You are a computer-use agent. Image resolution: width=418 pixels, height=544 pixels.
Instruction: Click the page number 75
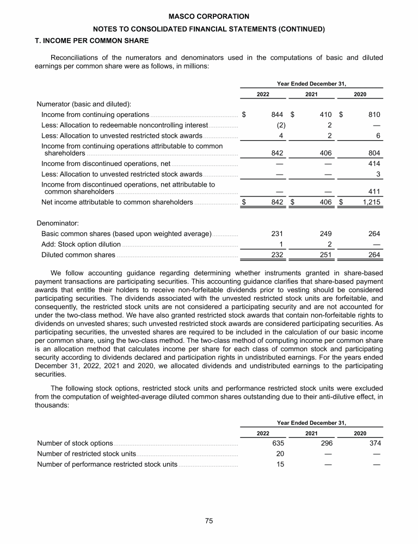pyautogui.click(x=208, y=521)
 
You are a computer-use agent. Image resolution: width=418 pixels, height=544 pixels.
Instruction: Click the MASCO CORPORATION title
pyautogui.click(x=208, y=17)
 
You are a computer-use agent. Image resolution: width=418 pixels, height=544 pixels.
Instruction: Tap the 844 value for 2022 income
pyautogui.click(x=277, y=115)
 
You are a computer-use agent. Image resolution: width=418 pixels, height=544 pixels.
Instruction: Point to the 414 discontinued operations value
pyautogui.click(x=373, y=164)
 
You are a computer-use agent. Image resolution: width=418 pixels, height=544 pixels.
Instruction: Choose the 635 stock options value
pyautogui.click(x=277, y=443)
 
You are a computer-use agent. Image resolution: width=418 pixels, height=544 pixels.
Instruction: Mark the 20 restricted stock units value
pyautogui.click(x=280, y=454)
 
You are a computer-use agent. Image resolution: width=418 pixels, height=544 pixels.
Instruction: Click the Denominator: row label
pyautogui.click(x=58, y=223)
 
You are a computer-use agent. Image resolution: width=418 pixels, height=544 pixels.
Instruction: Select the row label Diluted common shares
pyautogui.click(x=78, y=255)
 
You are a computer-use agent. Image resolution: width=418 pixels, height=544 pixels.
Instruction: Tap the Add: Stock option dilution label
pyautogui.click(x=81, y=244)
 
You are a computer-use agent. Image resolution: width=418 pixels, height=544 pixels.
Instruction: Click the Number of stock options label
pyautogui.click(x=75, y=443)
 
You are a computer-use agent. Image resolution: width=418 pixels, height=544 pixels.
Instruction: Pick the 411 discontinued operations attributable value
pyautogui.click(x=373, y=191)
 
